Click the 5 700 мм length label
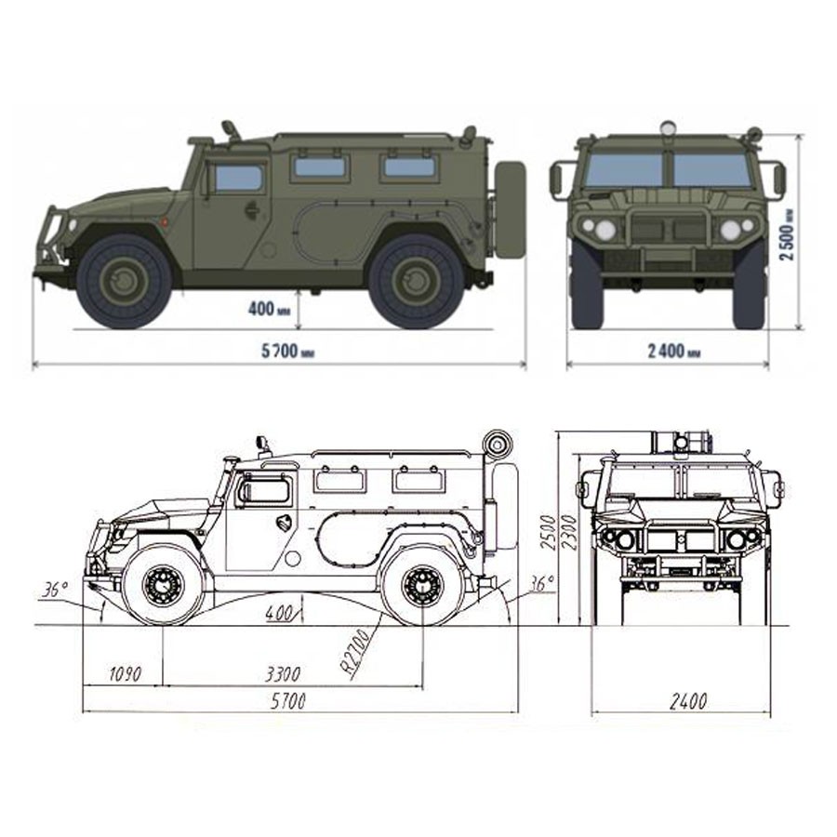coord(287,352)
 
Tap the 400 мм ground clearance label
coord(269,309)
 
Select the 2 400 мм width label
coord(673,352)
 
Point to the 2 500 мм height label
coord(787,234)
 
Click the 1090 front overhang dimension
coord(126,674)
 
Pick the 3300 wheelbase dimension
coord(283,674)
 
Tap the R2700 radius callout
coord(356,654)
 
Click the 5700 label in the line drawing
coord(288,701)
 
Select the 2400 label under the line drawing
coord(688,701)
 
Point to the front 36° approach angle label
coord(56,590)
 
